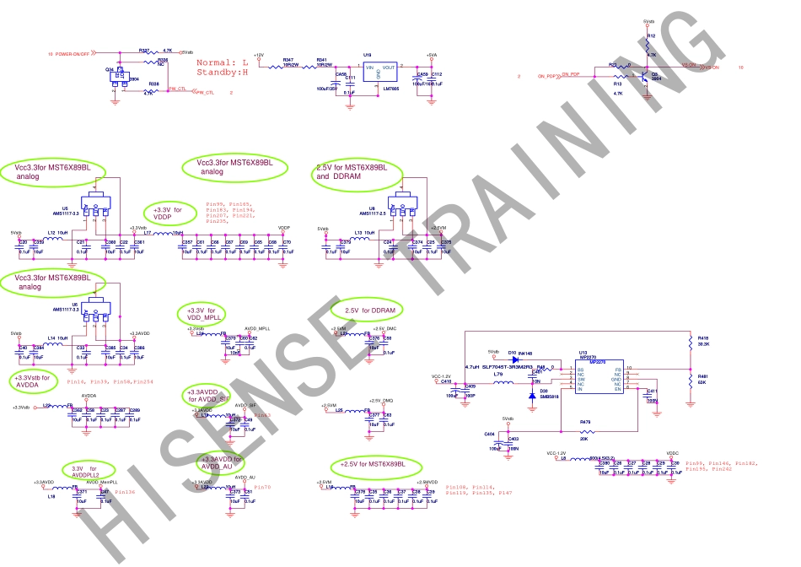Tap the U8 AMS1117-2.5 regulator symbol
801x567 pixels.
click(x=401, y=206)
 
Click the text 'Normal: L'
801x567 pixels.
click(x=222, y=62)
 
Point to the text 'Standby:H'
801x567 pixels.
click(x=222, y=73)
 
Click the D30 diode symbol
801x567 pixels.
click(x=531, y=395)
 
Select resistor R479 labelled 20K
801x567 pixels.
click(x=585, y=431)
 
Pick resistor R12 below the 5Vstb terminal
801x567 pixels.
click(x=648, y=42)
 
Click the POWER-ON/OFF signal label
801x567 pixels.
click(x=73, y=52)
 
